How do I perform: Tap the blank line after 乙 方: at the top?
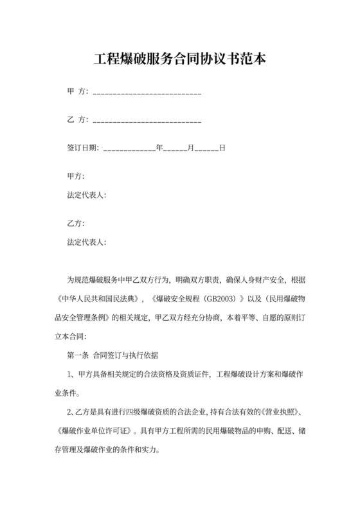(x=147, y=120)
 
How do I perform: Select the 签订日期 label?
(x=83, y=147)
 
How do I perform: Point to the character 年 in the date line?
(x=159, y=147)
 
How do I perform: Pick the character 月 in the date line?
(x=190, y=147)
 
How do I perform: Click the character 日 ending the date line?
(x=222, y=147)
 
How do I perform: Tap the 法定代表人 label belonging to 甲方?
(x=87, y=195)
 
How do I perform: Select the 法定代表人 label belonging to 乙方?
(x=87, y=242)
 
